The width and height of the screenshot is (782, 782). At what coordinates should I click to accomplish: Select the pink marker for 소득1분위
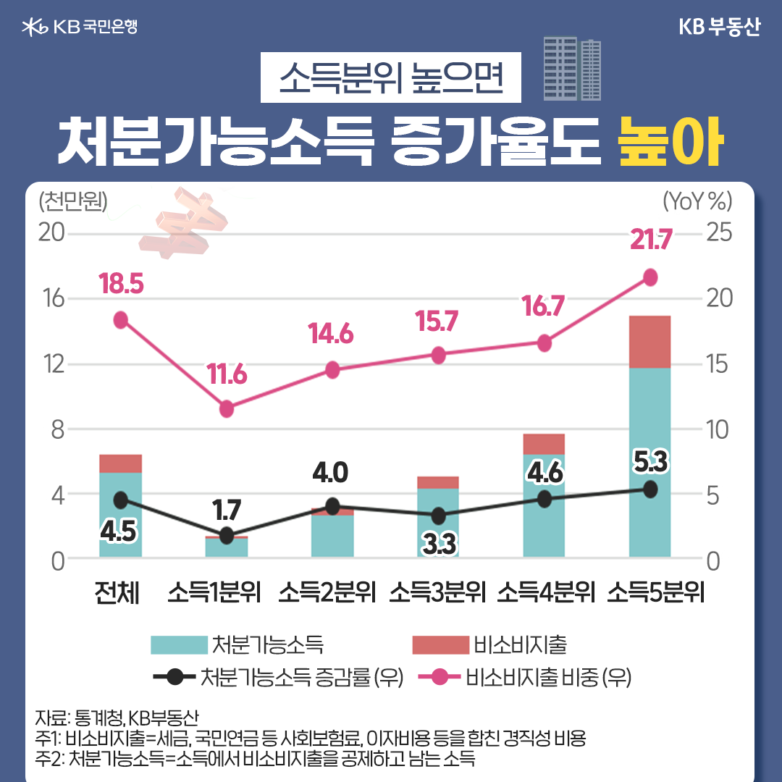pyautogui.click(x=227, y=408)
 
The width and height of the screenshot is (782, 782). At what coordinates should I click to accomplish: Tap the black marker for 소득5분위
pyautogui.click(x=650, y=489)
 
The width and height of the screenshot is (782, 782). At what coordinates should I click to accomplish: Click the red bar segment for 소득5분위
pyautogui.click(x=650, y=342)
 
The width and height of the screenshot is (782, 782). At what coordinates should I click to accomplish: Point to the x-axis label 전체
pyautogui.click(x=117, y=592)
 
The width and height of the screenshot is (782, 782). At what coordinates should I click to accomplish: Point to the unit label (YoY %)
pyautogui.click(x=697, y=200)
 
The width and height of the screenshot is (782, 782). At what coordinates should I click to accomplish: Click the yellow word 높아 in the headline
pyautogui.click(x=670, y=146)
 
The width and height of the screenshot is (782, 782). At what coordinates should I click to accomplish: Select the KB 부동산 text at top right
pyautogui.click(x=719, y=28)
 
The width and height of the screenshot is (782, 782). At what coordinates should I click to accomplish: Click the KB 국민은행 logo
pyautogui.click(x=80, y=28)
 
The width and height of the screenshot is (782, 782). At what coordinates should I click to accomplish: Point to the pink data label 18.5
pyautogui.click(x=121, y=285)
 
